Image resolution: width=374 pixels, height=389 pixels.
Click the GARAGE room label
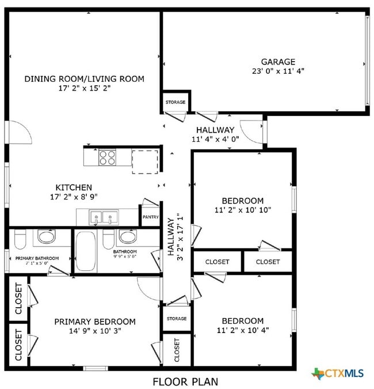278,62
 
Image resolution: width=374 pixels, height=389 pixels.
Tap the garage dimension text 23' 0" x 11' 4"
278,71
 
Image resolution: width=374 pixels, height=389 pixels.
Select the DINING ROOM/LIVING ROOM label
84,78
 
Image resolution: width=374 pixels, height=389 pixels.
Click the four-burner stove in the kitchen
107,157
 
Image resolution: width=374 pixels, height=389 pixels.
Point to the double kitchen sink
104,218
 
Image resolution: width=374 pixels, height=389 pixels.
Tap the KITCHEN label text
74,187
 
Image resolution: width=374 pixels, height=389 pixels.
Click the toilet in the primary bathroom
20,238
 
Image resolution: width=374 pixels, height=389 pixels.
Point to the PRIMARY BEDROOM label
95,321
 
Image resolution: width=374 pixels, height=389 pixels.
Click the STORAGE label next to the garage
175,102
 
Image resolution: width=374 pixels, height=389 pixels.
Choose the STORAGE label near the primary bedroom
177,319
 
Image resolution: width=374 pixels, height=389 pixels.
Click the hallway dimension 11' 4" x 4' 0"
215,139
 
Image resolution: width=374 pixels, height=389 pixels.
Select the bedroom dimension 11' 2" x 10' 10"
243,210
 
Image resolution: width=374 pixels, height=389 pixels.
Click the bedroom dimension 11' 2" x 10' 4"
242,330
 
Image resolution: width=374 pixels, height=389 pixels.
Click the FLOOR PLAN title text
185,381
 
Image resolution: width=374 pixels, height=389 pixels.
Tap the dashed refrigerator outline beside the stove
144,161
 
